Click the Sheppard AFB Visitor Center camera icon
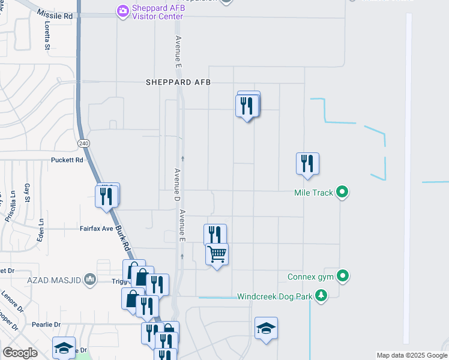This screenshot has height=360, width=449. [x=123, y=10]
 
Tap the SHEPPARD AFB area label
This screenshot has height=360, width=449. [x=178, y=82]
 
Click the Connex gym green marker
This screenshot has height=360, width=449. [x=343, y=276]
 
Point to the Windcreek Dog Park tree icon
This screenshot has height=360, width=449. [x=322, y=295]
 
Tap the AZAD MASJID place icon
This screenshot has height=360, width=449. [x=90, y=279]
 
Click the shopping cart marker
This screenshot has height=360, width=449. [x=217, y=254]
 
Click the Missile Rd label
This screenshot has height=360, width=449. [x=57, y=14]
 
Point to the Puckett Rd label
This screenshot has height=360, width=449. [x=67, y=160]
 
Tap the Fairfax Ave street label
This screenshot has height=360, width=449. [x=97, y=229]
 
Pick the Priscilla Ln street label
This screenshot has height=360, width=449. [x=10, y=207]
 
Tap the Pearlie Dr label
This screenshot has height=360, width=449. [x=49, y=324]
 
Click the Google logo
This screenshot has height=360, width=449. [x=20, y=352]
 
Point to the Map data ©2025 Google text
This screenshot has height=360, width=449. [x=412, y=355]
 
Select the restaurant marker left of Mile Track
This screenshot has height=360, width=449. [x=307, y=164]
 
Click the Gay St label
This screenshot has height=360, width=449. [x=28, y=193]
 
